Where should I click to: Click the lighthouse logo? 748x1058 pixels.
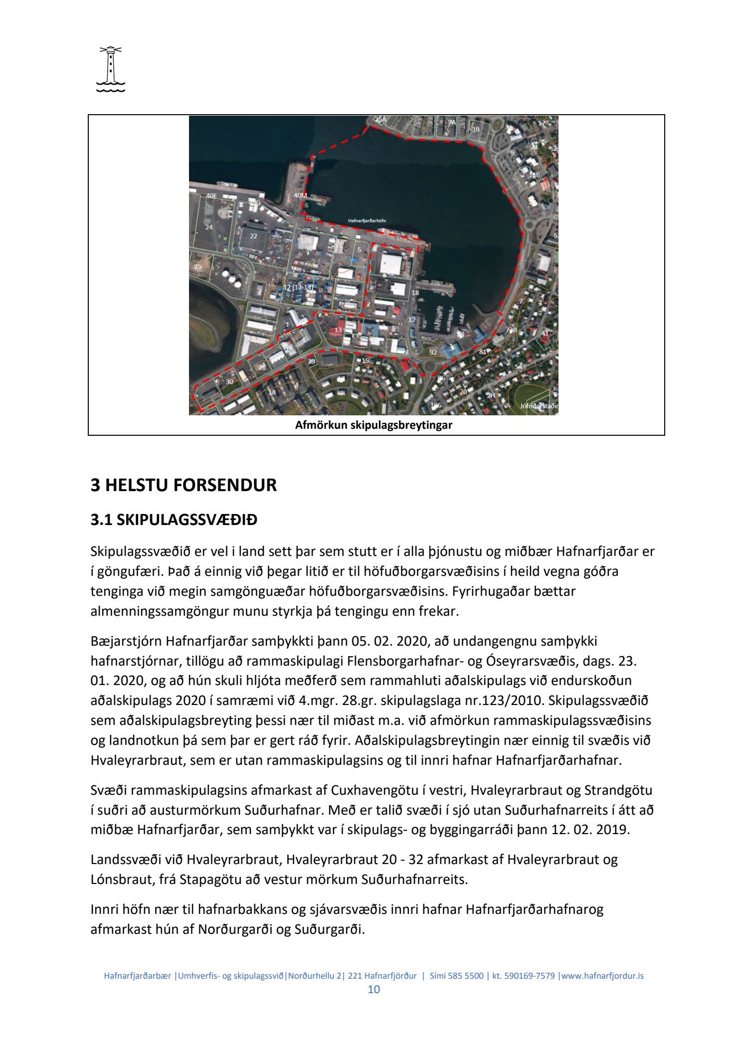point(110,70)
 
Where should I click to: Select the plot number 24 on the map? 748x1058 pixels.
point(209,227)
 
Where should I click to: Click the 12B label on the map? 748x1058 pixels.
point(306,240)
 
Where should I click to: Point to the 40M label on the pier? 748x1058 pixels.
point(300,195)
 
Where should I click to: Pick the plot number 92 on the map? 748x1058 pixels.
point(433,353)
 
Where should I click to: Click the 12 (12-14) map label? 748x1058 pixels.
point(297,288)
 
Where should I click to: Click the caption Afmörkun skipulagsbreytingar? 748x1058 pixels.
point(374,425)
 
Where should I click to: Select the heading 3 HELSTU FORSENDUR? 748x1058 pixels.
point(183,485)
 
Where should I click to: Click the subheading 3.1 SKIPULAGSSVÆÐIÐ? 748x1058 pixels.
point(174,521)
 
